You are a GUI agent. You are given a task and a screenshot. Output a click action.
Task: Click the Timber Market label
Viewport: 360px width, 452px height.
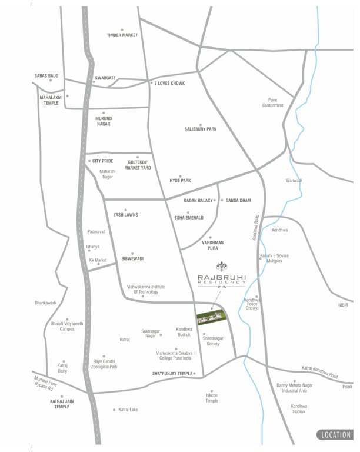tap(122, 35)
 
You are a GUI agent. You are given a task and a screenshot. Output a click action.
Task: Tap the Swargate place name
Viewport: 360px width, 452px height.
tap(105, 78)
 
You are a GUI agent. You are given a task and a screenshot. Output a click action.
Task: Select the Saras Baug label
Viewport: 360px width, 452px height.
tap(46, 76)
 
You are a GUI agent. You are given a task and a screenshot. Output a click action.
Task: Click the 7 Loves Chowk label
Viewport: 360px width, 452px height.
tap(170, 84)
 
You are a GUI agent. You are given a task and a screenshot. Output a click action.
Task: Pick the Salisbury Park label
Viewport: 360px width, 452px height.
tap(200, 129)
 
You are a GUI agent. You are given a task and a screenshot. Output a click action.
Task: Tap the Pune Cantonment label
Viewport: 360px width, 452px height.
tap(272, 102)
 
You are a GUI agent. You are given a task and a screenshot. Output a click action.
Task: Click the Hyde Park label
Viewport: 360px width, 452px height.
tap(181, 180)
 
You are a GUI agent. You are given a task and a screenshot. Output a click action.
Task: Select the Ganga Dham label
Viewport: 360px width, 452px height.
tap(238, 201)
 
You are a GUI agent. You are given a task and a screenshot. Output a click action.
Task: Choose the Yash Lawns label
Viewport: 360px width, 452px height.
tap(125, 215)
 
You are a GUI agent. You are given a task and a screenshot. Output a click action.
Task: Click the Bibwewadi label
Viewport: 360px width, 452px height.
tap(132, 258)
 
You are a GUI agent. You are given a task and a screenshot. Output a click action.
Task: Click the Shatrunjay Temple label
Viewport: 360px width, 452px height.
tap(172, 374)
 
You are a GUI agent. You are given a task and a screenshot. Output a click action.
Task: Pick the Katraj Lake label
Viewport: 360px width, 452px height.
tap(128, 410)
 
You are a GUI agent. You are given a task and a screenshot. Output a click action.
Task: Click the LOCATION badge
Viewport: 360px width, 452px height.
tap(335, 436)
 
